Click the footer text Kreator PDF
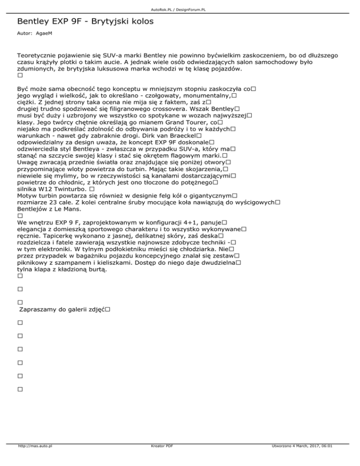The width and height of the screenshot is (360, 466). point(160,459)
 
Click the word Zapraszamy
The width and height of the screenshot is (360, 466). point(39,309)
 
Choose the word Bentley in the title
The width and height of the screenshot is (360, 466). point(34,22)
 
